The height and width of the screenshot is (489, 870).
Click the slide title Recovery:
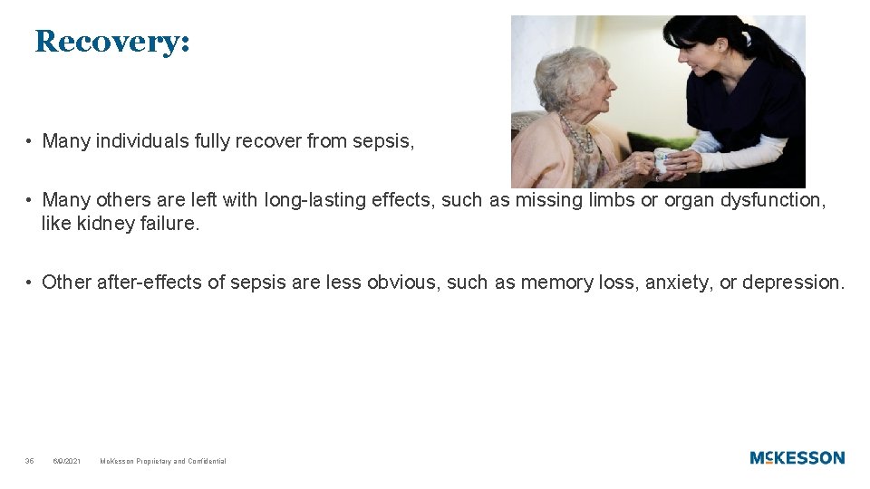(x=112, y=42)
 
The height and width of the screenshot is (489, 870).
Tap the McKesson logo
(x=797, y=458)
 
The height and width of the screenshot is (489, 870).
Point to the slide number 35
(x=30, y=461)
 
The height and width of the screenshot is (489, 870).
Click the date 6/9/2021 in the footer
(x=67, y=461)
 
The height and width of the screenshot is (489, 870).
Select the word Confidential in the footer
(x=207, y=461)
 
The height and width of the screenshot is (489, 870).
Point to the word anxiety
(x=679, y=283)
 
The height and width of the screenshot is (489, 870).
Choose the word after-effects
(x=151, y=283)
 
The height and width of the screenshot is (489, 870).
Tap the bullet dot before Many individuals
(x=30, y=142)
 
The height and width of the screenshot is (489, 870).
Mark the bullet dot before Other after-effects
(x=30, y=283)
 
